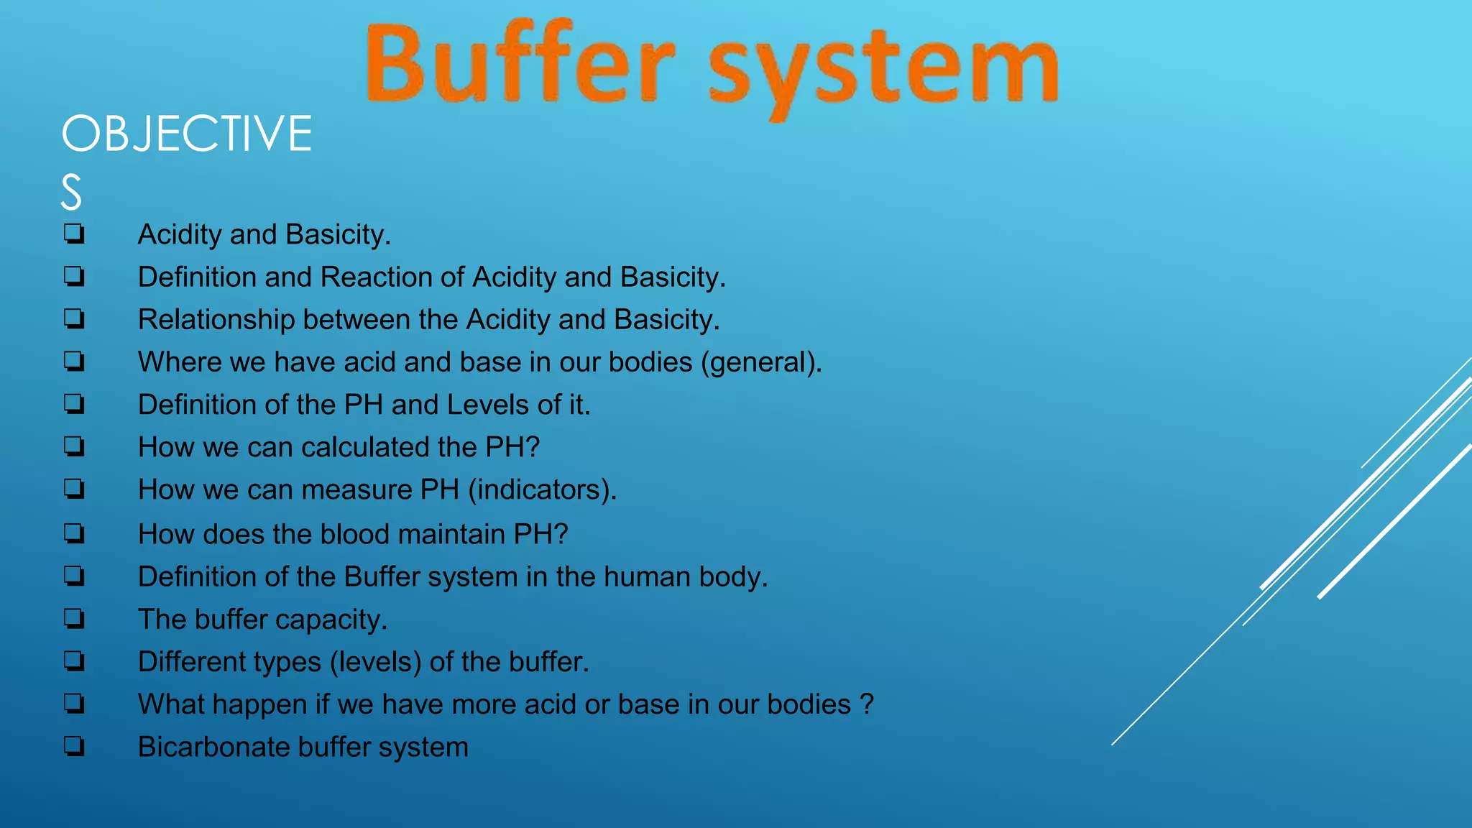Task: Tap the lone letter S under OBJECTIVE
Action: click(x=71, y=193)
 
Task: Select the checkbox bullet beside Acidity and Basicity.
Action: click(x=74, y=234)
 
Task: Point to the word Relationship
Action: click(x=216, y=320)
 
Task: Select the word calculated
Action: click(x=365, y=447)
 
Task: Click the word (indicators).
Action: click(x=542, y=490)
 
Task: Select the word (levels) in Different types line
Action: click(x=375, y=662)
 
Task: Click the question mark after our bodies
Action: click(x=867, y=704)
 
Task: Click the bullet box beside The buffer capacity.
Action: click(x=74, y=619)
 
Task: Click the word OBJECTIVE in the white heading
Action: click(x=187, y=134)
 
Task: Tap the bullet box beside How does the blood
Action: click(x=74, y=534)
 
